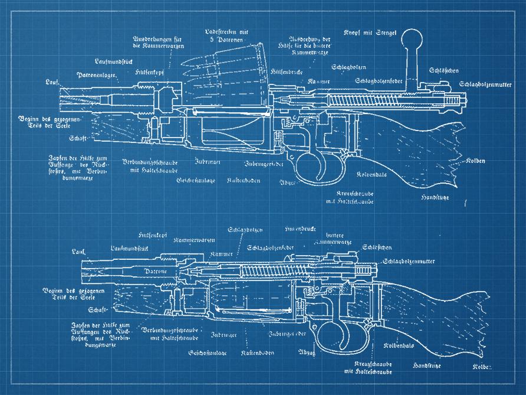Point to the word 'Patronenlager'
coord(96,75)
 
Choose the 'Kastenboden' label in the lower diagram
coord(258,352)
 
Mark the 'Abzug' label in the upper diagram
coord(287,181)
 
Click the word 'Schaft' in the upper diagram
coord(77,138)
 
